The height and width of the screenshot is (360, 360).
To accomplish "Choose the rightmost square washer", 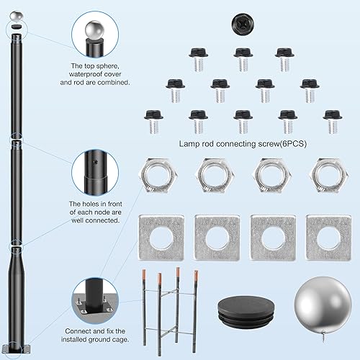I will click(x=325, y=237).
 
